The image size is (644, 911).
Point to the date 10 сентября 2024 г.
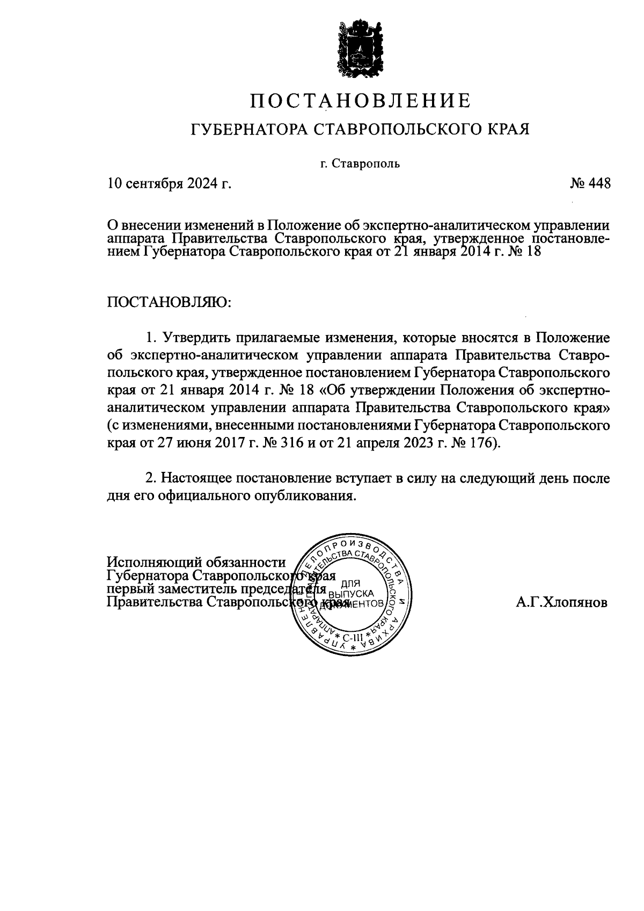click(170, 184)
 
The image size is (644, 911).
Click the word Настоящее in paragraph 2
click(198, 478)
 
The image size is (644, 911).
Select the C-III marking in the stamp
click(352, 638)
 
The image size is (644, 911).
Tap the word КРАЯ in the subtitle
click(506, 129)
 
